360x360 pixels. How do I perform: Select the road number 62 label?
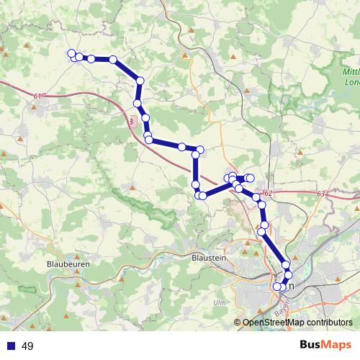[x=267, y=193]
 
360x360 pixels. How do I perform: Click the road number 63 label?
[x=322, y=193]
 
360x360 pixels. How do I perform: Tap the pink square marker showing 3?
[x=130, y=121]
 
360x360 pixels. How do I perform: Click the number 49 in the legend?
[x=28, y=346]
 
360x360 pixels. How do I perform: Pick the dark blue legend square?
[x=11, y=346]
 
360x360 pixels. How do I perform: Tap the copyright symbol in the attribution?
[x=238, y=323]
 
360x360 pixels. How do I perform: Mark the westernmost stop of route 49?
[x=71, y=53]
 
